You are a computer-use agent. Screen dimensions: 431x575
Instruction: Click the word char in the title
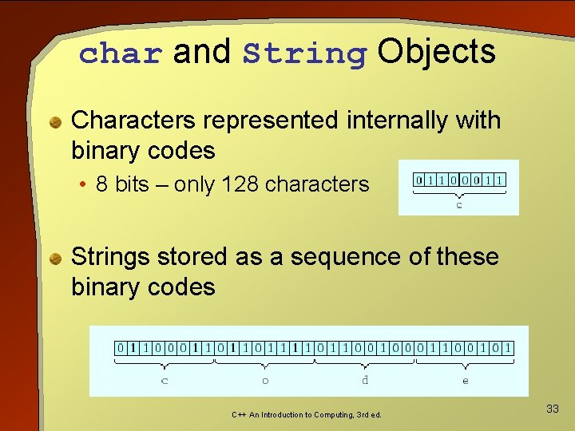pyautogui.click(x=121, y=53)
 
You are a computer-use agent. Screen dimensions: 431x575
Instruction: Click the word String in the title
pyautogui.click(x=304, y=53)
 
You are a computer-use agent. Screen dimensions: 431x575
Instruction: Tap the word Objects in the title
pyautogui.click(x=437, y=52)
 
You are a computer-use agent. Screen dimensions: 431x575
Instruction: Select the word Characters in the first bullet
pyautogui.click(x=133, y=121)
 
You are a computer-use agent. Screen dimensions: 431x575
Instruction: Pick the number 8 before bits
pyautogui.click(x=101, y=184)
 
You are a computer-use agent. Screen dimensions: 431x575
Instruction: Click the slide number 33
pyautogui.click(x=552, y=409)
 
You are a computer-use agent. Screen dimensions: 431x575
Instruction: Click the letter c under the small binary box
pyautogui.click(x=459, y=205)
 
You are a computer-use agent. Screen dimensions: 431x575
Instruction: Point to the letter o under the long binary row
pyautogui.click(x=265, y=381)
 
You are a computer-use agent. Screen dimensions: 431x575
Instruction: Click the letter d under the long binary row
pyautogui.click(x=365, y=380)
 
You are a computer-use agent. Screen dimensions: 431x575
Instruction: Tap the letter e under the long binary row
pyautogui.click(x=466, y=381)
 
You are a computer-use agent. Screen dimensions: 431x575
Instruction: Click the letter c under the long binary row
pyautogui.click(x=165, y=381)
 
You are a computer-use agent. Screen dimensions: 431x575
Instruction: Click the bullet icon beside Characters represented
pyautogui.click(x=56, y=122)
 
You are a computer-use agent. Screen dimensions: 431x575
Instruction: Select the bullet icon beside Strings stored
pyautogui.click(x=56, y=259)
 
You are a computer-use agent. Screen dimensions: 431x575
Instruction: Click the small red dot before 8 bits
pyautogui.click(x=83, y=185)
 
